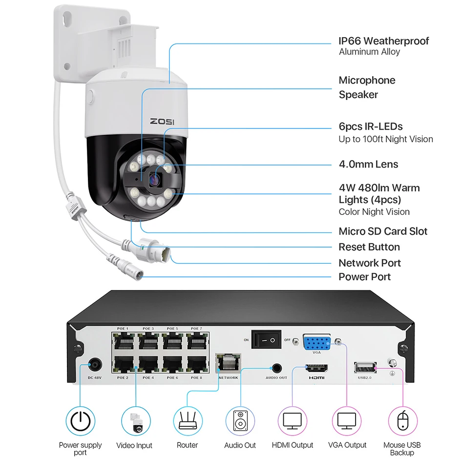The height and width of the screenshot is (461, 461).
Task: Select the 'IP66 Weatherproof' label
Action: (384, 41)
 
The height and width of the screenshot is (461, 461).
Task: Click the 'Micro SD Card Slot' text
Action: (383, 231)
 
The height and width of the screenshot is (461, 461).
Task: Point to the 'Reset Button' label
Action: (369, 247)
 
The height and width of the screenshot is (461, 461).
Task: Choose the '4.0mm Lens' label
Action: (368, 164)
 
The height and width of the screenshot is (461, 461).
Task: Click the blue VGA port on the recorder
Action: (318, 342)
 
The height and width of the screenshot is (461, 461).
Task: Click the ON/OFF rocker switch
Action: (266, 339)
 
